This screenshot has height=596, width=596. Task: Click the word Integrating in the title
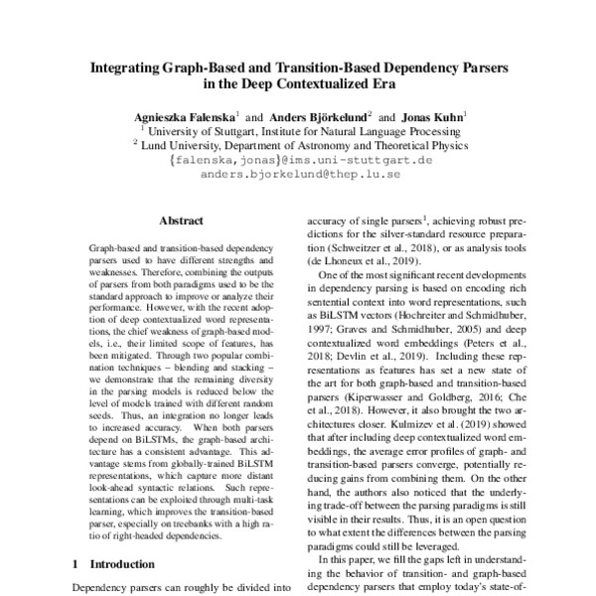[128, 71]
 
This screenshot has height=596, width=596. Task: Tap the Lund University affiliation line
[299, 144]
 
